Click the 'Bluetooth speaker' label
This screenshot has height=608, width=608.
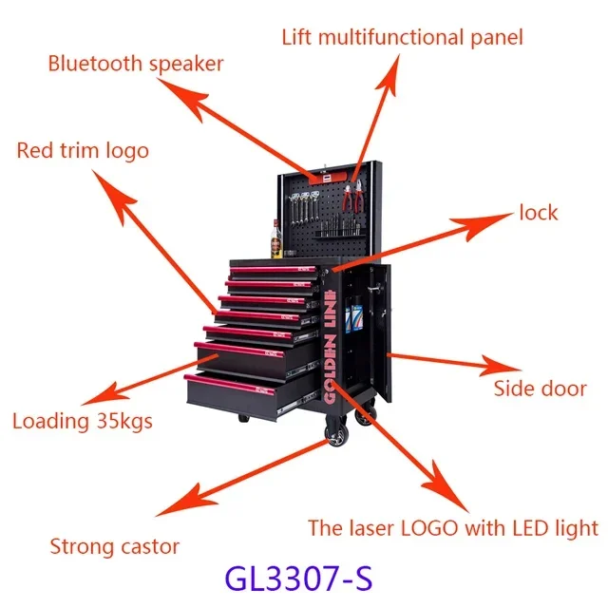(136, 64)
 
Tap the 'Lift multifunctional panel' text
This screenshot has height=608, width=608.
(402, 38)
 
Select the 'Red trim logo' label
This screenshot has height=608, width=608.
(83, 151)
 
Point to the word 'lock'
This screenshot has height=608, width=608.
(539, 213)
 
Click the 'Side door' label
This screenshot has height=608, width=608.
(541, 389)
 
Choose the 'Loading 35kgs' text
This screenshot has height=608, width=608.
(83, 422)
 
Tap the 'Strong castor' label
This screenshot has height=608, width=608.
(114, 546)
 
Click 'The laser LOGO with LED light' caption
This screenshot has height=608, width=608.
(453, 528)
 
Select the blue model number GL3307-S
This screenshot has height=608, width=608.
(298, 578)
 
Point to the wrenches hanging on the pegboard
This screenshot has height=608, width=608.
(305, 208)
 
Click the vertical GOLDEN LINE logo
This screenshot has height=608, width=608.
(330, 346)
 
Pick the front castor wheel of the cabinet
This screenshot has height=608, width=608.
(335, 432)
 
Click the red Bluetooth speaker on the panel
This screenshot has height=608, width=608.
(327, 178)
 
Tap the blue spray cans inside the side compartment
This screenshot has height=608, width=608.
(352, 314)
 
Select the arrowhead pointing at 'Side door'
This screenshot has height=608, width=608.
(501, 366)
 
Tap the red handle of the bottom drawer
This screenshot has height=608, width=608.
(230, 384)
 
